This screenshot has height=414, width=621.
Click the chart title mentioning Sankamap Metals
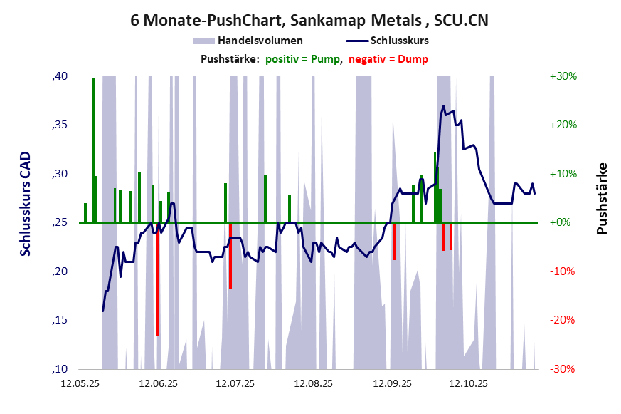click(309, 21)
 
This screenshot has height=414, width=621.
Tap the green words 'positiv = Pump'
click(304, 58)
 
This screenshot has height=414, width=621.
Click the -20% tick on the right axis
click(563, 321)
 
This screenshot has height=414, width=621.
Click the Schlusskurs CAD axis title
click(26, 203)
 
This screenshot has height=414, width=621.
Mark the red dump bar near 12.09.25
click(395, 242)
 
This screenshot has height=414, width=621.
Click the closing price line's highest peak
click(443, 106)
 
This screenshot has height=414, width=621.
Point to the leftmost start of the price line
click(103, 311)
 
